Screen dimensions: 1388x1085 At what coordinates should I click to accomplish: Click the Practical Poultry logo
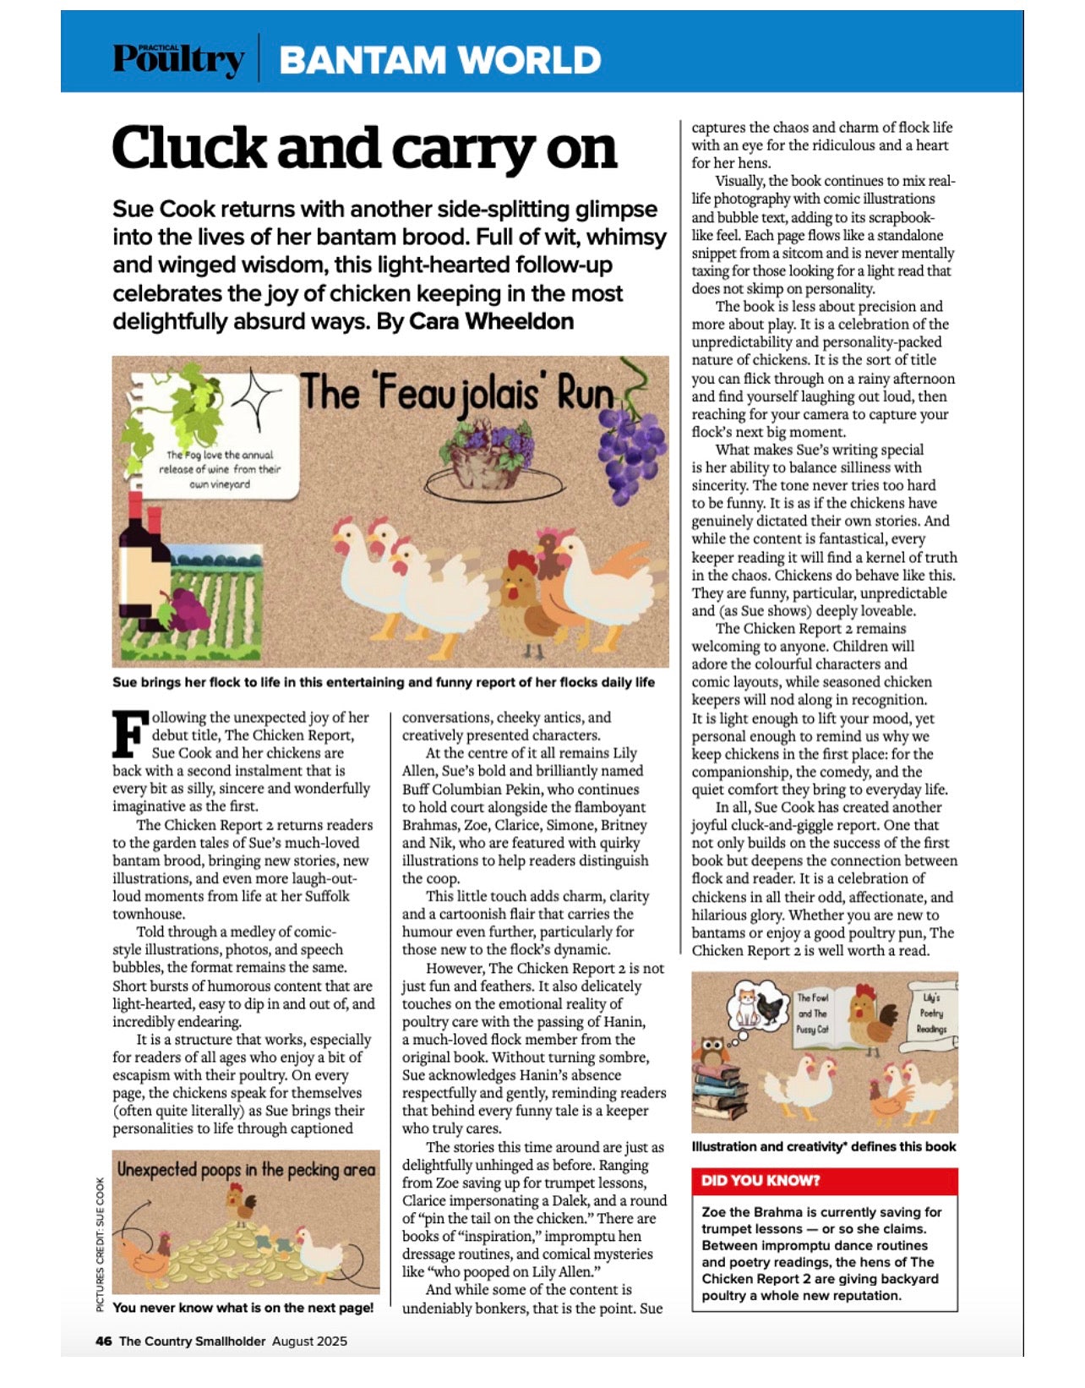point(179,58)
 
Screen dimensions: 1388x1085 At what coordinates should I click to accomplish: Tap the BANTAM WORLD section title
point(439,60)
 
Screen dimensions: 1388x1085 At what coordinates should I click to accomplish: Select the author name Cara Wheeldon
point(491,322)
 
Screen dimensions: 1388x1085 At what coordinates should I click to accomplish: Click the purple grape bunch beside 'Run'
point(630,454)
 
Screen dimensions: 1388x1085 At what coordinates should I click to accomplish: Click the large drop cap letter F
point(130,734)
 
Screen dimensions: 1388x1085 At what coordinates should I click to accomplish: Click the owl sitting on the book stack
point(711,1052)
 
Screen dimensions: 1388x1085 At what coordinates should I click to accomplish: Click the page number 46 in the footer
point(103,1342)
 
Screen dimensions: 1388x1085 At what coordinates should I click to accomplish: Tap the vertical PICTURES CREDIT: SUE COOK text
point(101,1245)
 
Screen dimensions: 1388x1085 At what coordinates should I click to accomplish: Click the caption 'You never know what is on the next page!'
point(243,1309)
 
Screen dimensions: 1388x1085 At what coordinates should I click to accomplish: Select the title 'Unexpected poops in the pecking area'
point(246,1171)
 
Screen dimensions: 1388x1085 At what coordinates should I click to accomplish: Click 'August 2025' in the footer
point(309,1342)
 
